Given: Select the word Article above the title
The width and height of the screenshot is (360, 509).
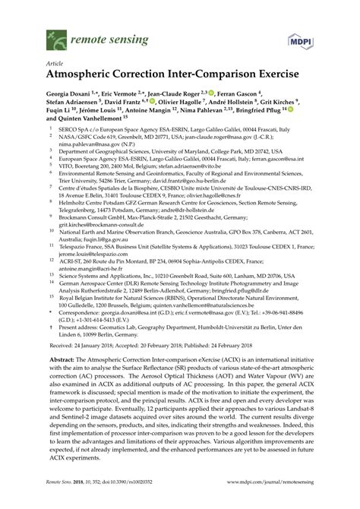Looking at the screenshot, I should point(55,63).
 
